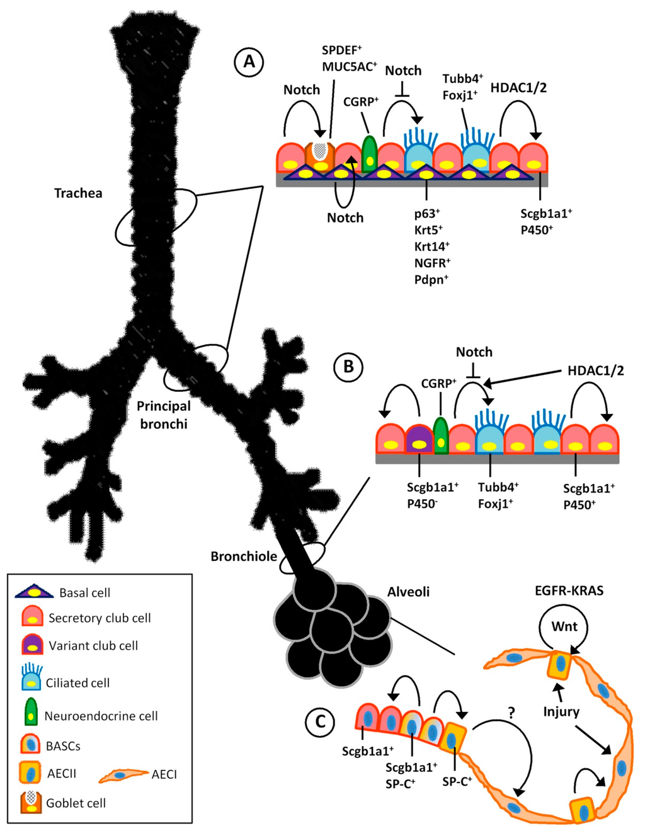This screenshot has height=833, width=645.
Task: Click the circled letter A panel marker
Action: coord(249,62)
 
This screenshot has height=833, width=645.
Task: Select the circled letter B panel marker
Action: coord(348,366)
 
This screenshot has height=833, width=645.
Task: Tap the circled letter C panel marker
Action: coord(320,721)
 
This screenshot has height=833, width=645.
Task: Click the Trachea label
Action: coord(78,193)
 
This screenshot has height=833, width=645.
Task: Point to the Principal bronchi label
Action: coord(164,415)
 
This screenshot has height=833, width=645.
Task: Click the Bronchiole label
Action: coord(244,556)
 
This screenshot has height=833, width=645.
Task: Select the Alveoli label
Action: coord(408,592)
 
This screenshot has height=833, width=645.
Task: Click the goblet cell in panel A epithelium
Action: coord(320,156)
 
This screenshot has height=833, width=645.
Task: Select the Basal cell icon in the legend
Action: coord(35,592)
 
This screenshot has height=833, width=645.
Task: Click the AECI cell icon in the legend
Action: coord(122,775)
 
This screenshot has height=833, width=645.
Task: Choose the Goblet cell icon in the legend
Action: coord(31,801)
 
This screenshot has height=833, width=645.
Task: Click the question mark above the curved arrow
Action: coord(511,713)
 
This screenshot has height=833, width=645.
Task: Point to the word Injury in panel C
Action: coord(561,711)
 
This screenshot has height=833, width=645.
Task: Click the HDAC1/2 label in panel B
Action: coord(595,371)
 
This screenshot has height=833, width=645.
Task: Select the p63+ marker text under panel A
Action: coord(426,214)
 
